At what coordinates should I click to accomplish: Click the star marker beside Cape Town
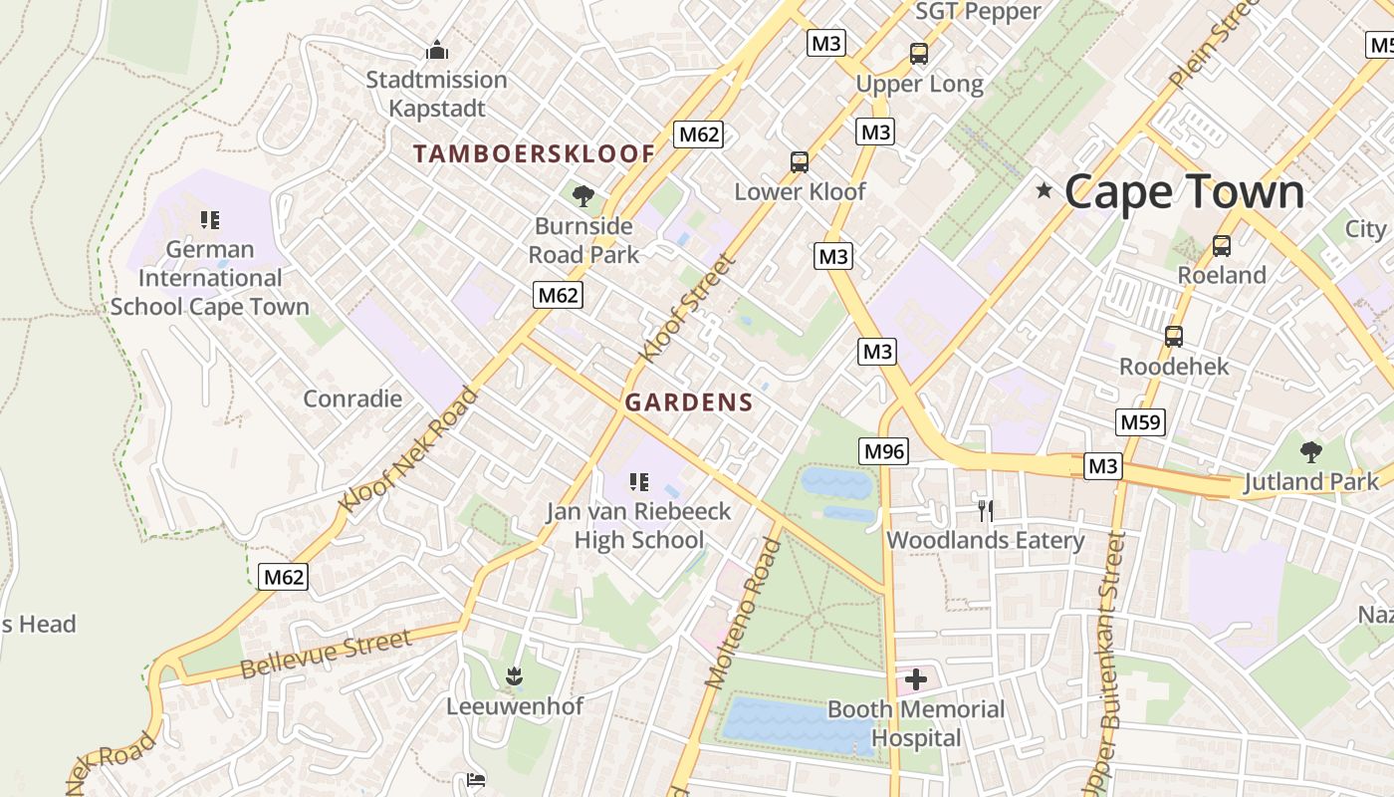1044,190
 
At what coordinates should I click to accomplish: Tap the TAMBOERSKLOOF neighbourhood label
534,153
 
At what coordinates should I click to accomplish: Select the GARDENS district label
688,402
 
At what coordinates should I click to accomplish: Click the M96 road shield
884,451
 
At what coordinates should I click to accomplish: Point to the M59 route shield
1140,421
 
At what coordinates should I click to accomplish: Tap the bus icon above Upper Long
918,54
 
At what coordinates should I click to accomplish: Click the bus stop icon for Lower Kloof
799,161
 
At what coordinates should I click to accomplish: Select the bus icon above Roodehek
1174,337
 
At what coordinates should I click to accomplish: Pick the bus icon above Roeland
1221,245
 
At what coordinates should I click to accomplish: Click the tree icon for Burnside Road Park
583,196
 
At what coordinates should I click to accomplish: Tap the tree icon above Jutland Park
1310,451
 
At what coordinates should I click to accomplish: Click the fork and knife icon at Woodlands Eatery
985,511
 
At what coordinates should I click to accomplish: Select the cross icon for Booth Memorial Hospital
916,680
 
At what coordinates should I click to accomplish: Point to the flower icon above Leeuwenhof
514,676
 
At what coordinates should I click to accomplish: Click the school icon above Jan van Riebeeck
638,483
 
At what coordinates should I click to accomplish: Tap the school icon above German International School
209,219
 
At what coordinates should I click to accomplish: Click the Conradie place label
352,398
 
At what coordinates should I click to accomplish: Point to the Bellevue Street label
326,654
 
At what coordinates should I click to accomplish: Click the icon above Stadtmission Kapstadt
436,50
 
